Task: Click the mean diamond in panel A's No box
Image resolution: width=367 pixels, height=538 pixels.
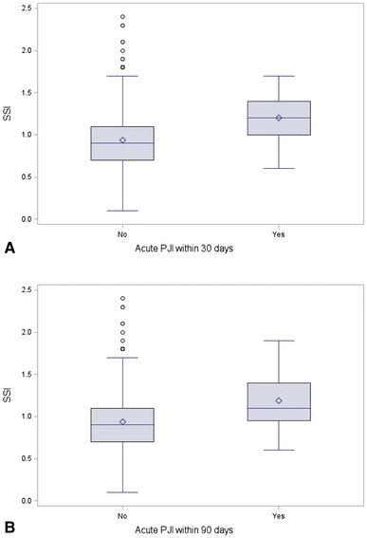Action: pos(122,139)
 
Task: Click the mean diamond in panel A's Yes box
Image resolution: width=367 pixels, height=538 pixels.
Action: pos(278,118)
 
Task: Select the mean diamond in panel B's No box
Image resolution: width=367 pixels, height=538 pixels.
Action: pos(122,421)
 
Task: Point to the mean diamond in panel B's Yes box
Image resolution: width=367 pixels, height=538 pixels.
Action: pos(278,400)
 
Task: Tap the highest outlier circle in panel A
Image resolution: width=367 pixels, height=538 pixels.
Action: pos(122,17)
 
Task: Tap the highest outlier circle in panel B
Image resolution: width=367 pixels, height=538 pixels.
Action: pos(122,299)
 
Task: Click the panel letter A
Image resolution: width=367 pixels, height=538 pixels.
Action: pos(9,248)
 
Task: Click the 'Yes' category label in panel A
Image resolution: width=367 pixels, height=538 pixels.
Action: pos(278,231)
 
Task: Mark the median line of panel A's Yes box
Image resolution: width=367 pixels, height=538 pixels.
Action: pos(278,118)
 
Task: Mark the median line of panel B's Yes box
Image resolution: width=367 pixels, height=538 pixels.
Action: pos(278,408)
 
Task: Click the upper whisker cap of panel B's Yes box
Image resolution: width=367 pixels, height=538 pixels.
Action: pos(278,341)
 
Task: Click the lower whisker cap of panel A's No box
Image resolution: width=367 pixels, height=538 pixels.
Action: pos(122,211)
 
